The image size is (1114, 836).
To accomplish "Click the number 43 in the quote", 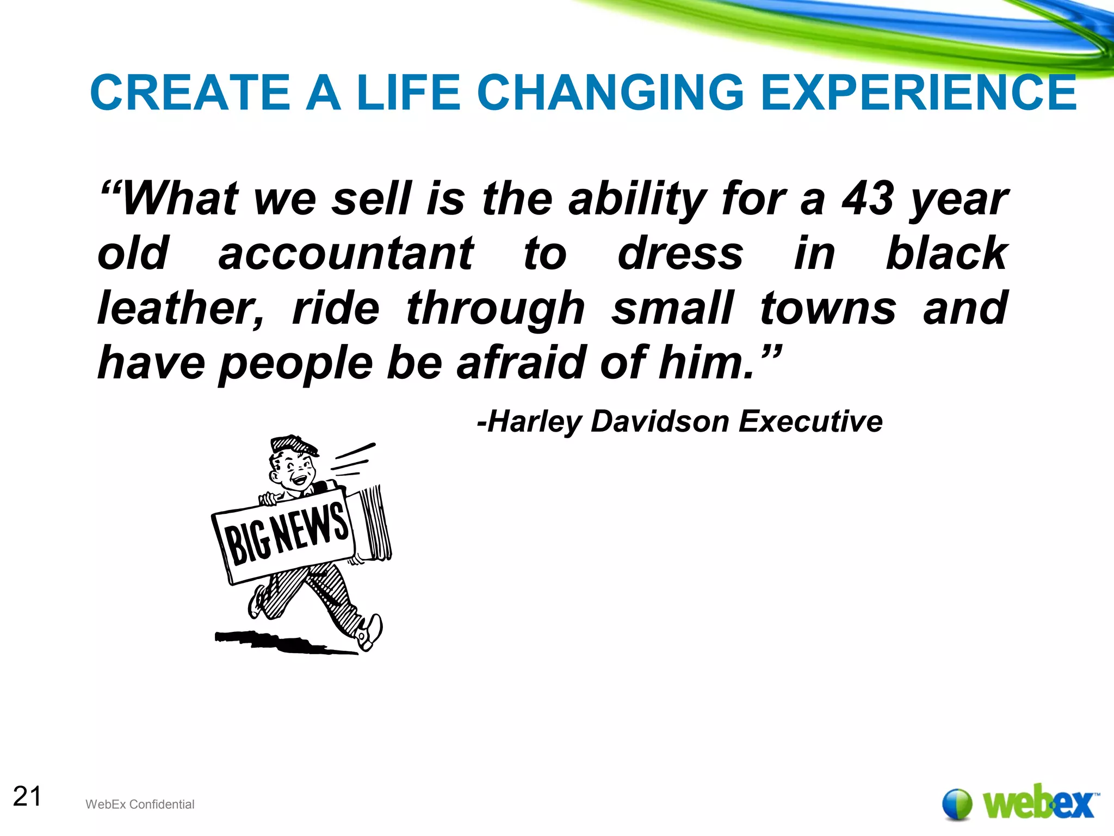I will pyautogui.click(x=867, y=199).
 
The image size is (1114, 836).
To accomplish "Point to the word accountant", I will pyautogui.click(x=346, y=254).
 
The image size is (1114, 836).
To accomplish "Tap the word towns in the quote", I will pyautogui.click(x=827, y=308).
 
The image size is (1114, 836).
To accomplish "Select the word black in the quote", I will pyautogui.click(x=946, y=254).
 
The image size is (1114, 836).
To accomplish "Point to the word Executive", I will pyautogui.click(x=810, y=422).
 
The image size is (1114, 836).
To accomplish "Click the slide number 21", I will pyautogui.click(x=27, y=797).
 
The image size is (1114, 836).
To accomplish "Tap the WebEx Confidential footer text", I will pyautogui.click(x=140, y=804).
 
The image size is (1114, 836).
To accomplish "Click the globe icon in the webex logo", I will pyautogui.click(x=957, y=803).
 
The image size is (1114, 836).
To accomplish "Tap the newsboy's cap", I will pyautogui.click(x=294, y=445).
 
